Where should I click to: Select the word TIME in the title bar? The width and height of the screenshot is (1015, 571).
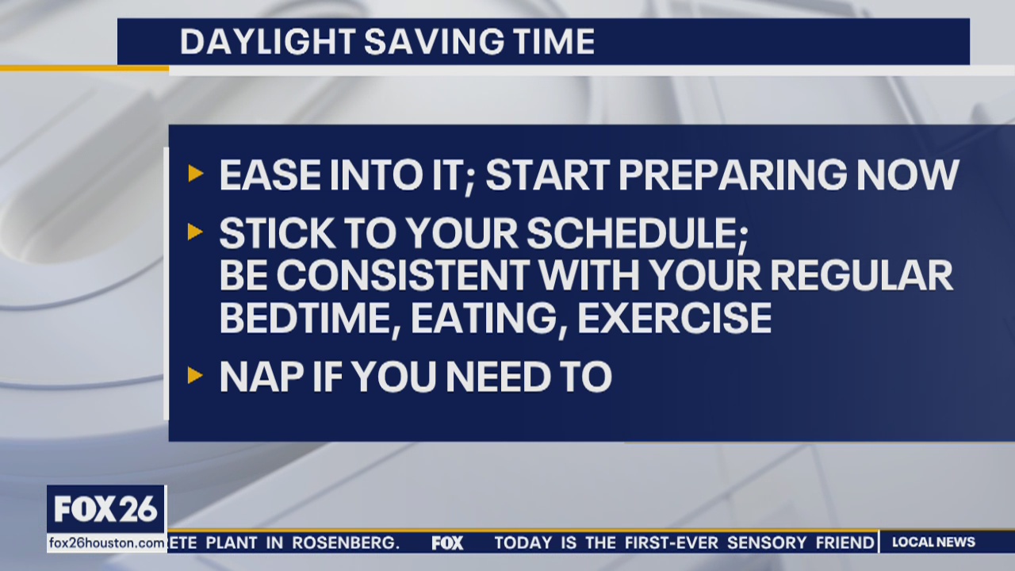coord(553,42)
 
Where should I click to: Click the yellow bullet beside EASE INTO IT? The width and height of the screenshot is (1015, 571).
coord(195,174)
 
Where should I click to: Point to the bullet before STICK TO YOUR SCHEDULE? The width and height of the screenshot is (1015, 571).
coord(195,232)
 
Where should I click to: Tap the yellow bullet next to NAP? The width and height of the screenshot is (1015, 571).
coord(195,375)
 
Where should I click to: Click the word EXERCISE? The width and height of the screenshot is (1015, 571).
coord(674,317)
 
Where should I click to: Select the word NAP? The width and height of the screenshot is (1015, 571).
coord(254,377)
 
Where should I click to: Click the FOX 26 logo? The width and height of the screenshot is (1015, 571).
coord(106,509)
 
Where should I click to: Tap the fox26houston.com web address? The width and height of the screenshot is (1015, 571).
coord(106,543)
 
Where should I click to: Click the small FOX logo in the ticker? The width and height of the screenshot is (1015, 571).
coord(447,543)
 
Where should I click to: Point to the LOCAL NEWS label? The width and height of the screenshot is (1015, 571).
coord(933,542)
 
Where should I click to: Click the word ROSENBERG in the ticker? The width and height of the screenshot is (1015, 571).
coord(345,543)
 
